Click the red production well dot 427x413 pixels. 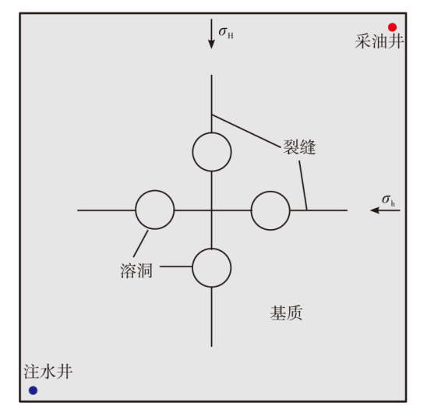coord(392,27)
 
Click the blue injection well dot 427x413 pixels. coord(34,390)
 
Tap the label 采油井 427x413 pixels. coord(379,41)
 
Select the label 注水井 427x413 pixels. coord(48,372)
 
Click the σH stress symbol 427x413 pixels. coord(226,33)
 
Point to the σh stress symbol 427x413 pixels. coord(388,200)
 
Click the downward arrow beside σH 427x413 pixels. coord(211,34)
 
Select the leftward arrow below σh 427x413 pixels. coord(385,210)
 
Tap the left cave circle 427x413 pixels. coord(136,210)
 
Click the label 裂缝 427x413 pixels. coord(299,147)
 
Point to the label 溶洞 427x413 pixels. coord(136,270)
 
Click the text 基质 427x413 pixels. coord(286,312)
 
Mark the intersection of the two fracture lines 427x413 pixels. coord(212,210)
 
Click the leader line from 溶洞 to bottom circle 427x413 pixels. coord(176,267)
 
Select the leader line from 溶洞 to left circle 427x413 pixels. coord(141,244)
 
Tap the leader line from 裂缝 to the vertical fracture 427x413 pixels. coord(246,132)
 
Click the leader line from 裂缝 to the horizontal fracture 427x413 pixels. coord(303,185)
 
